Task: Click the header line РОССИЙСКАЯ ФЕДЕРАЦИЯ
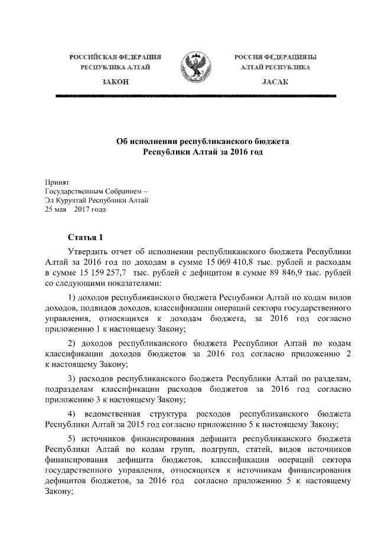(116, 57)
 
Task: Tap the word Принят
(57, 184)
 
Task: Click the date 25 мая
(57, 209)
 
